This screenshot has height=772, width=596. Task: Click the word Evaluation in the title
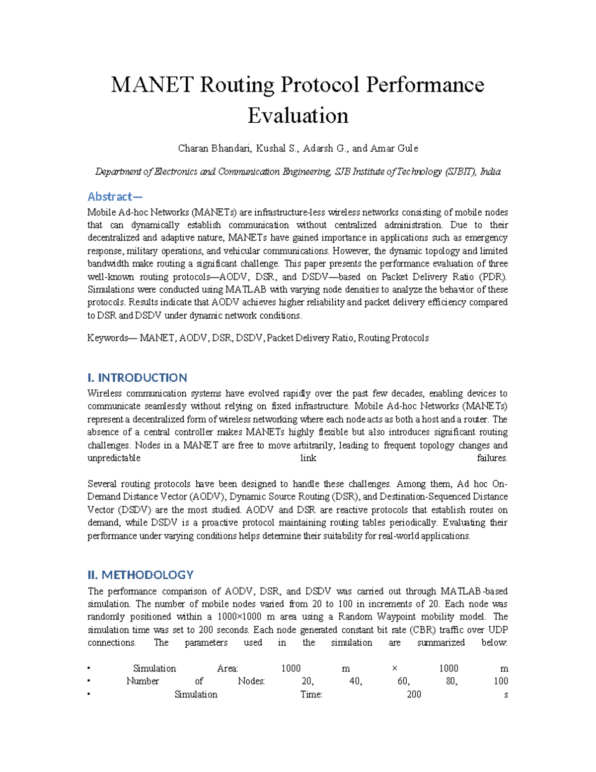pyautogui.click(x=298, y=116)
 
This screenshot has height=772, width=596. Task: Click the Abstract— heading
pyautogui.click(x=115, y=196)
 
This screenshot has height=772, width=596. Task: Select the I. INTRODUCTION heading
pyautogui.click(x=137, y=378)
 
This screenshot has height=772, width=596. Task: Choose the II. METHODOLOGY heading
pyautogui.click(x=141, y=575)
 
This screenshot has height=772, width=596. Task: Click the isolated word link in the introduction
pyautogui.click(x=308, y=458)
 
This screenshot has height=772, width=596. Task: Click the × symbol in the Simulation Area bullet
pyautogui.click(x=394, y=669)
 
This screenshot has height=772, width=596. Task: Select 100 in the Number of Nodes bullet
pyautogui.click(x=501, y=682)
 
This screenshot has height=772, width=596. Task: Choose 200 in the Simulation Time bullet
pyautogui.click(x=414, y=694)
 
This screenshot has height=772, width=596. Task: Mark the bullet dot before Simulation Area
pyautogui.click(x=88, y=669)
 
